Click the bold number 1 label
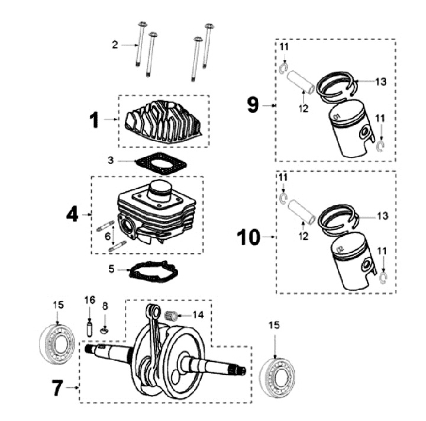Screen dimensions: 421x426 tap(93, 120)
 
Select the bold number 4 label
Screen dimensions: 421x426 tap(72, 213)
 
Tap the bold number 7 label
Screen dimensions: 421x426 tap(57, 388)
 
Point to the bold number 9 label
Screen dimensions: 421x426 tap(253, 105)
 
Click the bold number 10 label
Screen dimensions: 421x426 tap(248, 238)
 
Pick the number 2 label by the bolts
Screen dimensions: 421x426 tap(115, 44)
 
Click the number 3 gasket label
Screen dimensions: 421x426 tap(111, 160)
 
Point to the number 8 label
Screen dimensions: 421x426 tap(105, 306)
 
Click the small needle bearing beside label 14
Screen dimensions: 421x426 tap(173, 315)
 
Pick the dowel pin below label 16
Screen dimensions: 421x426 tap(90, 327)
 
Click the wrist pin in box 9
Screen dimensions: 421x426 tap(300, 81)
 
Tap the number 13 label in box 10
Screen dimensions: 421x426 tap(382, 216)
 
